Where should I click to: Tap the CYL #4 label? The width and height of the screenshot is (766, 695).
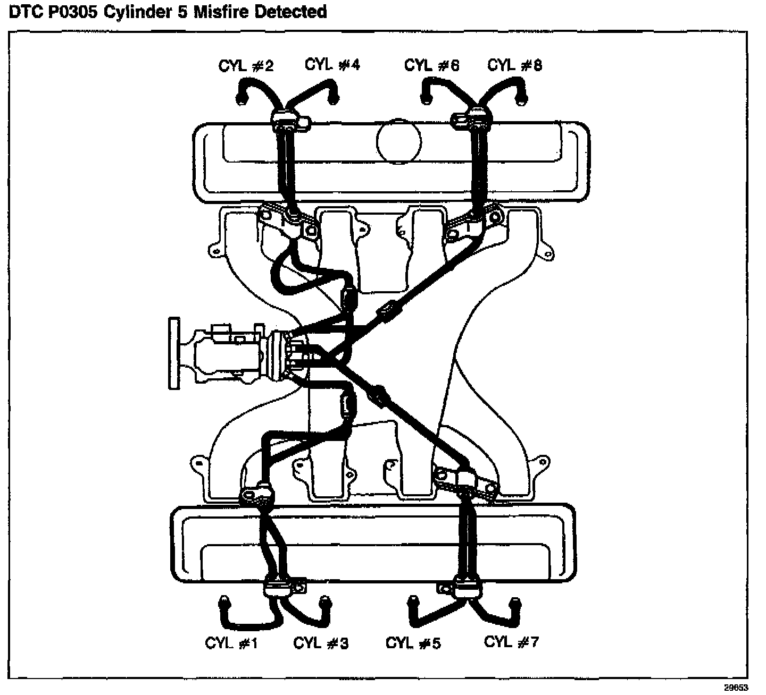[332, 64]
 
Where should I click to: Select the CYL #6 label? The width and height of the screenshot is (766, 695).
[431, 65]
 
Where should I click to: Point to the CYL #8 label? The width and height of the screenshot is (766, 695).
[514, 65]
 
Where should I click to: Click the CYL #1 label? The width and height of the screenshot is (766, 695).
[231, 643]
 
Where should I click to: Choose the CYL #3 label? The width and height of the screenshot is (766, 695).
[321, 643]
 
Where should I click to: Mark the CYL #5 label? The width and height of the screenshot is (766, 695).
[413, 643]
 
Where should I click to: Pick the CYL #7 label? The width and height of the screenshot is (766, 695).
[511, 642]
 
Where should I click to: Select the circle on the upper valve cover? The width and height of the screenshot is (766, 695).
[398, 141]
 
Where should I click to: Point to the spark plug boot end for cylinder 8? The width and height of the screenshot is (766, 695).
[522, 97]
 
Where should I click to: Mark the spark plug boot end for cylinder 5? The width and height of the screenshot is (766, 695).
[412, 601]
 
